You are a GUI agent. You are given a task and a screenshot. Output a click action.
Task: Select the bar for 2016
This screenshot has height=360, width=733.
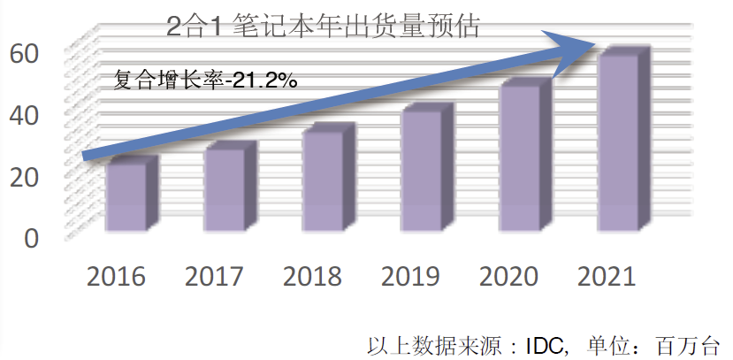click(126, 197)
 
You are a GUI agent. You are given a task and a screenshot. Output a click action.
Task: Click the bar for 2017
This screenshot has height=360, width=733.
click(224, 189)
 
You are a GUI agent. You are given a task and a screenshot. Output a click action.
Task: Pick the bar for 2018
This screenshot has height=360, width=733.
click(322, 180)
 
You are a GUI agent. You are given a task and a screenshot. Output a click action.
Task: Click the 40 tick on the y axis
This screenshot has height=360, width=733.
click(25, 115)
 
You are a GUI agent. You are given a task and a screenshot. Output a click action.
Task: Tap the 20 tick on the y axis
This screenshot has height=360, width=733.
click(25, 177)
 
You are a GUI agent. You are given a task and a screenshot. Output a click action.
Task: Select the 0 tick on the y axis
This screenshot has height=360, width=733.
click(31, 238)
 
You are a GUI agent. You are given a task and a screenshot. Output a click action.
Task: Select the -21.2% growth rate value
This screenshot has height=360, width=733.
click(261, 80)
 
